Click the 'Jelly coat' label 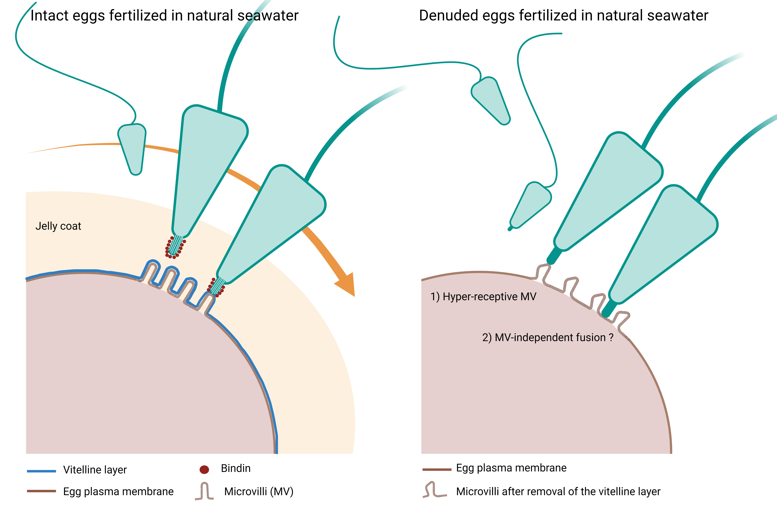click(x=58, y=226)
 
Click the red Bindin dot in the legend click(x=204, y=470)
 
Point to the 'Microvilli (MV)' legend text click(x=259, y=491)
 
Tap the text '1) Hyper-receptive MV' click(x=483, y=297)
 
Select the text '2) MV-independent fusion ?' click(x=548, y=337)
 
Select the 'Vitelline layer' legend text click(x=95, y=470)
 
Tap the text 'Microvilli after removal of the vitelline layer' click(x=558, y=491)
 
